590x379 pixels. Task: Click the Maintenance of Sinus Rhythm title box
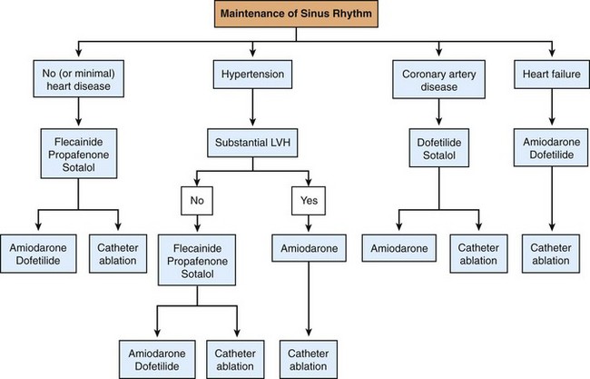click(x=294, y=16)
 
